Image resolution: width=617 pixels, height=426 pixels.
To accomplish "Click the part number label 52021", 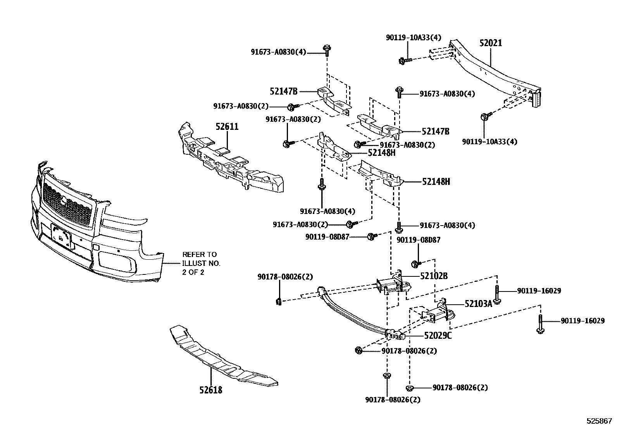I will (x=490, y=43).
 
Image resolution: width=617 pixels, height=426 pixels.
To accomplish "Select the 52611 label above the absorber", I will (x=227, y=127).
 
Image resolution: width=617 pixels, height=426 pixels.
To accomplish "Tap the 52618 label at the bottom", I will (x=211, y=390).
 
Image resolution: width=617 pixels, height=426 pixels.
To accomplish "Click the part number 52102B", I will (x=434, y=276).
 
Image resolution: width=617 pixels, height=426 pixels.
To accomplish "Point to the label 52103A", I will (x=478, y=304).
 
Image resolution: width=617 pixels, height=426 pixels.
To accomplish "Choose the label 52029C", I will (x=438, y=336).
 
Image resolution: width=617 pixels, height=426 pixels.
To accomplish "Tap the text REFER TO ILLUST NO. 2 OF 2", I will (x=201, y=263).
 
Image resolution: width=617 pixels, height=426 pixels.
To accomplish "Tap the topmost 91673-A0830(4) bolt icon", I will (x=326, y=50).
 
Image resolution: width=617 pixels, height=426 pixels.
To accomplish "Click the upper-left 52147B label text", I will (x=283, y=91).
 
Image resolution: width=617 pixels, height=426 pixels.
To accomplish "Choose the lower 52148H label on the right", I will (x=436, y=181).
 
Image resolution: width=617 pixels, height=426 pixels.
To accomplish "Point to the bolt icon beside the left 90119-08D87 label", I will (x=371, y=236).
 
